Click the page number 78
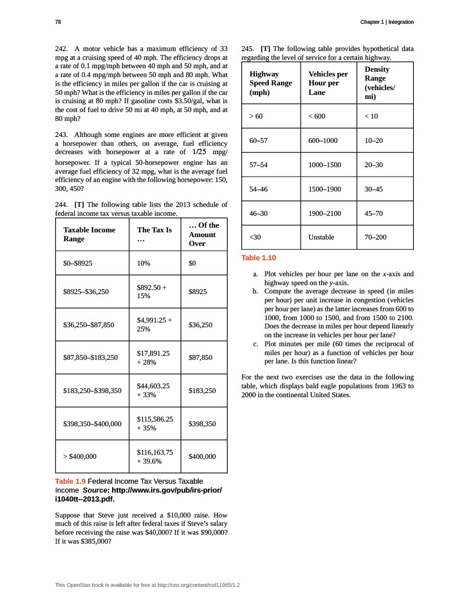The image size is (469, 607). (x=58, y=22)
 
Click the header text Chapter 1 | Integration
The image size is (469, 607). (x=387, y=22)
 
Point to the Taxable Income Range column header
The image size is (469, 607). (x=89, y=234)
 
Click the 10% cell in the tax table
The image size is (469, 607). (x=143, y=263)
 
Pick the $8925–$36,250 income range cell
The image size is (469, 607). (x=86, y=292)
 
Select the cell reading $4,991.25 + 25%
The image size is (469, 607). (x=154, y=324)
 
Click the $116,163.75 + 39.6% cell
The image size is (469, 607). (x=153, y=456)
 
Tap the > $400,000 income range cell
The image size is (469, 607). (x=80, y=456)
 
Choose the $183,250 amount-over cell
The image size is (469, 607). (x=202, y=391)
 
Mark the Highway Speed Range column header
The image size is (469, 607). (x=270, y=84)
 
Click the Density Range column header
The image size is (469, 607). (x=377, y=82)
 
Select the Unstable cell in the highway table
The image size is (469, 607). (x=322, y=237)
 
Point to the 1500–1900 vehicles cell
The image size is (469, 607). (x=325, y=189)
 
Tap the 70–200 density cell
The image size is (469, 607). (x=375, y=237)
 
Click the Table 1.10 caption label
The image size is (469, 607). (x=259, y=258)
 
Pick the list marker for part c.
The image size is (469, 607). (x=255, y=344)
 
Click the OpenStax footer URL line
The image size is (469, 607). (x=147, y=585)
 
